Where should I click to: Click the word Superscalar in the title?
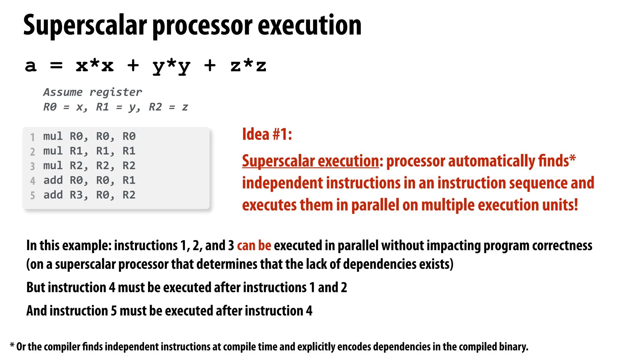(85, 26)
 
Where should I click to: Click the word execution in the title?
(309, 26)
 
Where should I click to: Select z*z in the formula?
(248, 66)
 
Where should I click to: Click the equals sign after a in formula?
(56, 66)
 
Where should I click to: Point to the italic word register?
(116, 92)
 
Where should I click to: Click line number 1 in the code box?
(32, 137)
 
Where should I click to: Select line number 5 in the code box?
(32, 196)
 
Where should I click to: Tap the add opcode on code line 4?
(53, 180)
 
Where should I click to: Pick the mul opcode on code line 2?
(53, 151)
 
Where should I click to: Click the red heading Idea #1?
(267, 134)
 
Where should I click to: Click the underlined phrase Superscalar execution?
(310, 161)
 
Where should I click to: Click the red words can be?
(254, 246)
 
